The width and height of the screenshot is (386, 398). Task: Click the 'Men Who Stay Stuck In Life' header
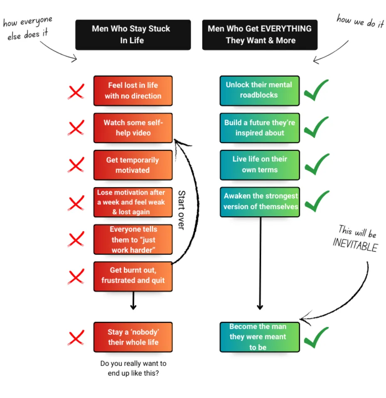pyautogui.click(x=133, y=35)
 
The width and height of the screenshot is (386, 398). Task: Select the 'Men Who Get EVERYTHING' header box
pyautogui.click(x=260, y=35)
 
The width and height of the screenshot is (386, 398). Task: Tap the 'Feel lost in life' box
pyautogui.click(x=133, y=91)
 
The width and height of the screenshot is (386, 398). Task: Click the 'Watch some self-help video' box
pyautogui.click(x=133, y=128)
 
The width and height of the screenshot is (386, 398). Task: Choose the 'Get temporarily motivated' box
pyautogui.click(x=133, y=165)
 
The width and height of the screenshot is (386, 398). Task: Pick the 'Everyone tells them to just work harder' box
pyautogui.click(x=133, y=240)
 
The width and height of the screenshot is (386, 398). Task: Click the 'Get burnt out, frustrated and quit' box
pyautogui.click(x=133, y=276)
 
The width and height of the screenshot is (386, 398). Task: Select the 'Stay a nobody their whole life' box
pyautogui.click(x=133, y=337)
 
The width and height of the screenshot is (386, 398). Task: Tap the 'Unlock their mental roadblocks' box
pyautogui.click(x=260, y=90)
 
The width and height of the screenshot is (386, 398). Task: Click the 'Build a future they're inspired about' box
pyautogui.click(x=260, y=128)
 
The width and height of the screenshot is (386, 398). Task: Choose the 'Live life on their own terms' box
pyautogui.click(x=260, y=165)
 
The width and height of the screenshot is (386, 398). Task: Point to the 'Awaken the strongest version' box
pyautogui.click(x=260, y=202)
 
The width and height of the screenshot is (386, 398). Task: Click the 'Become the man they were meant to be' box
pyautogui.click(x=260, y=337)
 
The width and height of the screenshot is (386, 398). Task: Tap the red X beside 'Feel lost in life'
pyautogui.click(x=76, y=91)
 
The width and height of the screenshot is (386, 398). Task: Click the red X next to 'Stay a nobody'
pyautogui.click(x=76, y=337)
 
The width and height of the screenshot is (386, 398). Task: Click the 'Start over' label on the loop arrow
pyautogui.click(x=181, y=210)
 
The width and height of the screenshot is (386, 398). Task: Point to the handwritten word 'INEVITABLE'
pyautogui.click(x=355, y=245)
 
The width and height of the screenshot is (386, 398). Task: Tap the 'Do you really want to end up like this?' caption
pyautogui.click(x=133, y=368)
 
